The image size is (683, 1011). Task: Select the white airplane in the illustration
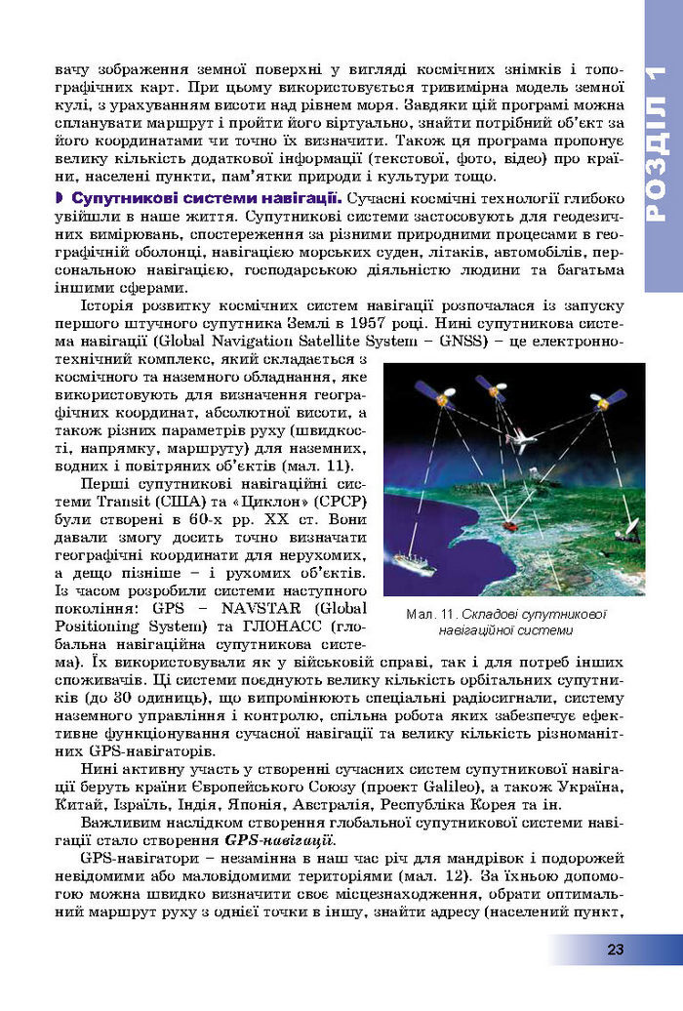pyautogui.click(x=524, y=441)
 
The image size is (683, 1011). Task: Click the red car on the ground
pyautogui.click(x=511, y=525)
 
